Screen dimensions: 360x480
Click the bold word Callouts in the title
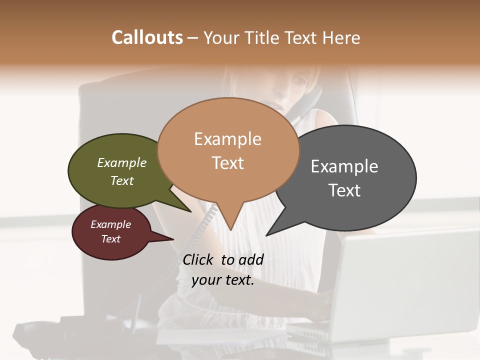147,37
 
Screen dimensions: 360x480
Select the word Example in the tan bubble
227,139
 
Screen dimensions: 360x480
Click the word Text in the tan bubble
227,163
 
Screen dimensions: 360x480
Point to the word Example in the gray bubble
344,166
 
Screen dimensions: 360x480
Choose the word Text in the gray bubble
344,190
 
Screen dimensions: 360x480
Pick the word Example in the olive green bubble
122,162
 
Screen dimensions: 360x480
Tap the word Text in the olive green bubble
122,180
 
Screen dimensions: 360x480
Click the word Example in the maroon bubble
110,224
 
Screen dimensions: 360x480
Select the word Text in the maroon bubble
110,239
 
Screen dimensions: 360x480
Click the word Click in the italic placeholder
199,259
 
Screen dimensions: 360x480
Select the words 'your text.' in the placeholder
223,280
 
